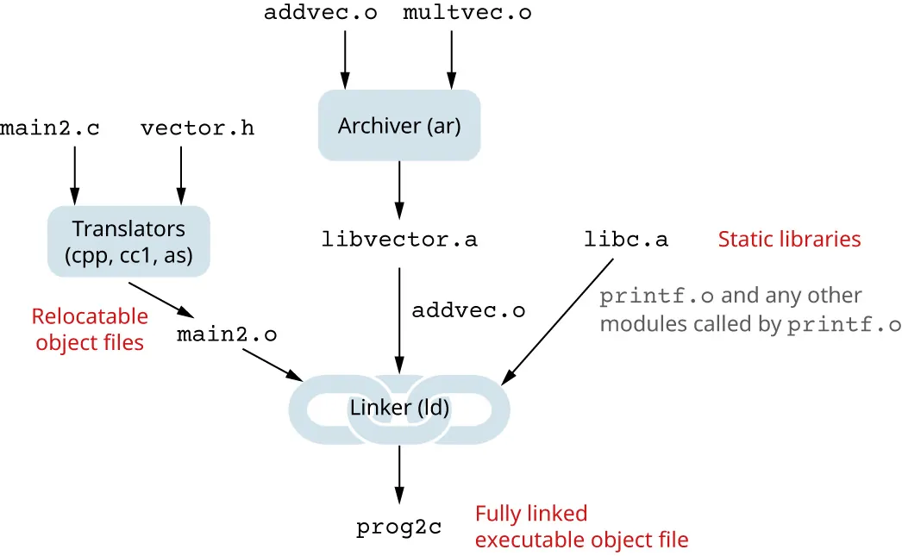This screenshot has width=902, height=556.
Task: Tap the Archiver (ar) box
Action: point(399,126)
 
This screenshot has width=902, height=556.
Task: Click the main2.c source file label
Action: point(50,129)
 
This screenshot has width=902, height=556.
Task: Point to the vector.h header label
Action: point(197,129)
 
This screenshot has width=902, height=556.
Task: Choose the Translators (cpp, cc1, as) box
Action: point(128,241)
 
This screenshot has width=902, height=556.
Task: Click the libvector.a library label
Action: point(399,239)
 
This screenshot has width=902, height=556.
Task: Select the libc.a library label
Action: point(625,239)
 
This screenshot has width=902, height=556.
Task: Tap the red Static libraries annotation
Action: point(789,239)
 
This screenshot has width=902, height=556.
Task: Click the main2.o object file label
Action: point(227,334)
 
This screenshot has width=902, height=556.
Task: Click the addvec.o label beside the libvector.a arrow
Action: point(468,310)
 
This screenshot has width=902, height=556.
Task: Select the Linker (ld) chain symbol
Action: point(399,407)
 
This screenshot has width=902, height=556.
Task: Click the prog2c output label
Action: point(399,527)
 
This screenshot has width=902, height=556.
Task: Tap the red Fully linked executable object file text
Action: point(581,527)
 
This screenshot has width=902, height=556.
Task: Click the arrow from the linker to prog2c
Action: point(399,474)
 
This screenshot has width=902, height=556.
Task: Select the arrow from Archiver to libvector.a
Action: point(399,190)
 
